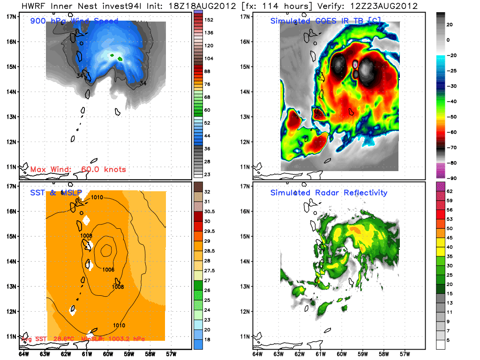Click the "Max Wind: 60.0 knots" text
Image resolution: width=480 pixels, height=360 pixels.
tap(78, 169)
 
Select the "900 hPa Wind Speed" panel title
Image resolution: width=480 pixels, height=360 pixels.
tap(74, 21)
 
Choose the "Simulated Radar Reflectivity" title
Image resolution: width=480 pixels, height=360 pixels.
tap(329, 193)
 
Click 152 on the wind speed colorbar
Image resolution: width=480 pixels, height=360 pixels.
tap(209, 20)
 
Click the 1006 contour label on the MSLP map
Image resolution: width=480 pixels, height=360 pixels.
tap(108, 270)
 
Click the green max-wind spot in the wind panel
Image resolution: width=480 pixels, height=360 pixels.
tap(120, 59)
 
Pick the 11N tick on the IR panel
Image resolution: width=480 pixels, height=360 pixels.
tap(244, 166)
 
